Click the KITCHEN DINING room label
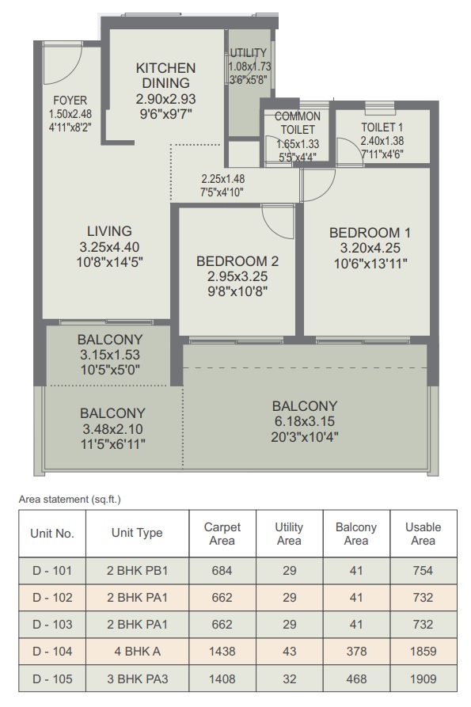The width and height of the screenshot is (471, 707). (x=166, y=75)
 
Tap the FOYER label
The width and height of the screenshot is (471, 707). (x=70, y=100)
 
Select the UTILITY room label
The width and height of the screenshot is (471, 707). (x=249, y=53)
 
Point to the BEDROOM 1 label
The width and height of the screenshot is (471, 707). (x=370, y=233)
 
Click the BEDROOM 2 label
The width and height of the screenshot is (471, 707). (x=237, y=261)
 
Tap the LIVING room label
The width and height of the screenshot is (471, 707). (x=109, y=231)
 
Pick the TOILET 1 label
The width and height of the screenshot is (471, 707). (x=382, y=127)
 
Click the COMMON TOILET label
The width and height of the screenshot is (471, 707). (x=298, y=123)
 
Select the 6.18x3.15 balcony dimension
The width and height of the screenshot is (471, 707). (x=305, y=421)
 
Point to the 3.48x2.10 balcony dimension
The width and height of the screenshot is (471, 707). (x=112, y=429)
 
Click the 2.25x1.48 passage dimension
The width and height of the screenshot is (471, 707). (x=222, y=179)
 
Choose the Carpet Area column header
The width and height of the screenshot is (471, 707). (x=222, y=534)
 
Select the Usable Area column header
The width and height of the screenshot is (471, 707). (x=424, y=534)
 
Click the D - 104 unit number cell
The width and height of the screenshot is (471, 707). (x=52, y=652)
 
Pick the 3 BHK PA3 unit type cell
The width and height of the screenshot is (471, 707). (x=138, y=678)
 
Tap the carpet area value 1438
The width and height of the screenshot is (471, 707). (x=222, y=652)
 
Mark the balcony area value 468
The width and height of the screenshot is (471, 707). (x=356, y=678)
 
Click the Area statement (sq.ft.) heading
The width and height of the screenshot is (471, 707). (x=70, y=499)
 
